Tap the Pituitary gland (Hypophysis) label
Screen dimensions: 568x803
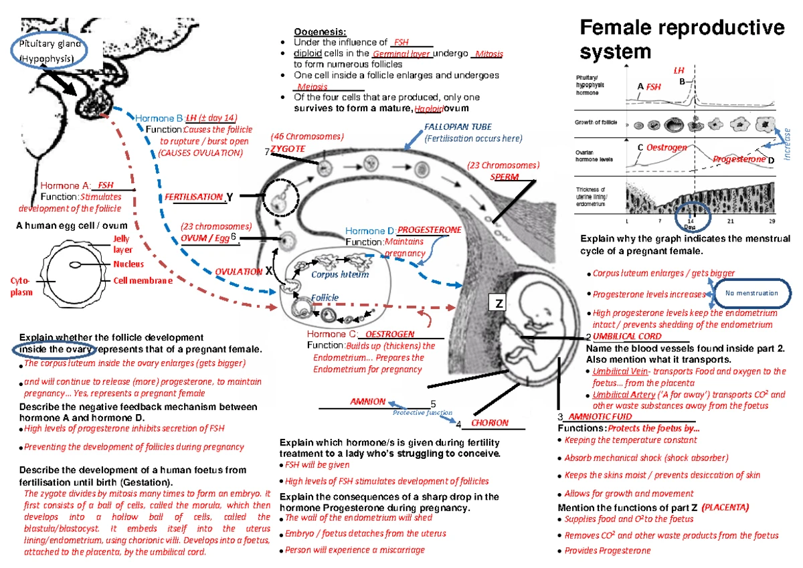coord(50,51)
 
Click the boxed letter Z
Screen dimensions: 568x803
coord(499,304)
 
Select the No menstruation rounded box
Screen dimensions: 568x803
coord(751,293)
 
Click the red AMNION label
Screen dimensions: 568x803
coord(368,401)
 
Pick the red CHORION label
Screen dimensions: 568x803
coord(490,423)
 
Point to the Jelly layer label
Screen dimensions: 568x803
coord(122,244)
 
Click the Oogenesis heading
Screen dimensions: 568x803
coord(320,31)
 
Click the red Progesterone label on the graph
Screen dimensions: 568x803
coord(738,159)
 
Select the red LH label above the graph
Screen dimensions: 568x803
coord(679,71)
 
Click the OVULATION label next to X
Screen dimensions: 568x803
coord(238,272)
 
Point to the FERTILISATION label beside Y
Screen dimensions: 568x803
coord(194,197)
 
